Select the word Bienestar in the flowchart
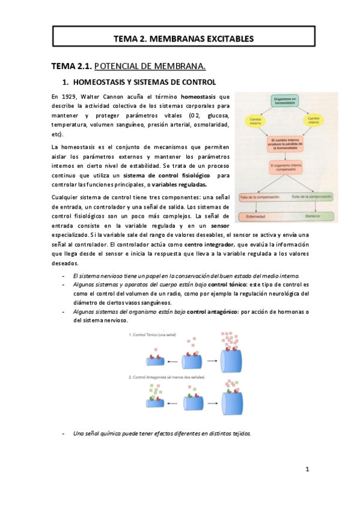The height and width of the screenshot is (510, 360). (313, 217)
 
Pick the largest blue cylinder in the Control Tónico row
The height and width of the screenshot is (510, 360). (233, 361)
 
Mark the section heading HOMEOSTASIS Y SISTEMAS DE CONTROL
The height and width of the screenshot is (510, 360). (144, 82)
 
